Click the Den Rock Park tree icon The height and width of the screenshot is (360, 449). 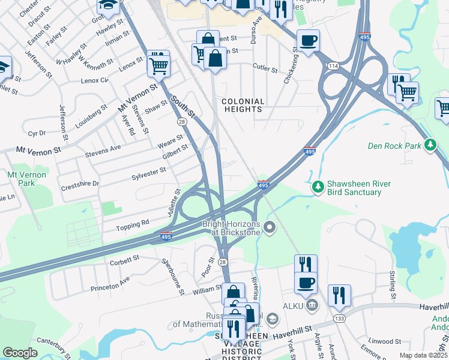click(430, 145)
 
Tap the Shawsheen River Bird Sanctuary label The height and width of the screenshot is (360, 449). click(354, 188)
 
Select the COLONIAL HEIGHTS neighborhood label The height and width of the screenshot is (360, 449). click(243, 106)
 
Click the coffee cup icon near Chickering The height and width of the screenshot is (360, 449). click(308, 41)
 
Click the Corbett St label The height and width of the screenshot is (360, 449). click(124, 260)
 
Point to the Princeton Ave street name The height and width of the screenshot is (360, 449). click(110, 284)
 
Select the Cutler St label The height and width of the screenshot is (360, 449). click(265, 69)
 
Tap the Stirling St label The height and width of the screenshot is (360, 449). click(393, 284)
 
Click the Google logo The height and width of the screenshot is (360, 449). click(20, 353)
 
